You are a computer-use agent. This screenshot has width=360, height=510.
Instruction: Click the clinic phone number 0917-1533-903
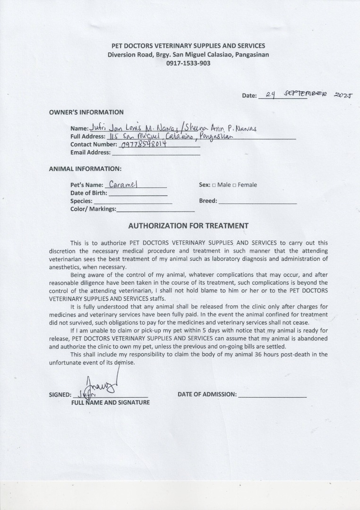188,63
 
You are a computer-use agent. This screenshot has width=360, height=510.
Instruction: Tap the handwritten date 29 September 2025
307,94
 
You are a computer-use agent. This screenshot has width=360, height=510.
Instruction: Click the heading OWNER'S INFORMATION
86,112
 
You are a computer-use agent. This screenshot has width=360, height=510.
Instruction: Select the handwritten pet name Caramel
123,184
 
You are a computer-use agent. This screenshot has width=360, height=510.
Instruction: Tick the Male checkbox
214,185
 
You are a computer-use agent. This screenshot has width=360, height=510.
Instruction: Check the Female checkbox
234,185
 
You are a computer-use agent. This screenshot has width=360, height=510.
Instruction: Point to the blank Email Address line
156,153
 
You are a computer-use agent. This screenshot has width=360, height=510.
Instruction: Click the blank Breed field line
257,201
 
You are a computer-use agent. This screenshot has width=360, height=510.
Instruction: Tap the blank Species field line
133,201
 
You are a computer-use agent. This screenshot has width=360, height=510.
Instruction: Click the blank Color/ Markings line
155,209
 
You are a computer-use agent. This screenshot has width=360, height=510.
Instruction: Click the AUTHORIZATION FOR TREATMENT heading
188,226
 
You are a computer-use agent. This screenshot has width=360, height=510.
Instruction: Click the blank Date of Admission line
272,395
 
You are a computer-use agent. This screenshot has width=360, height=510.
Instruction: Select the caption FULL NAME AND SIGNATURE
110,403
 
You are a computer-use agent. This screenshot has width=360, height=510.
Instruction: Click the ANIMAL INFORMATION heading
85,169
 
